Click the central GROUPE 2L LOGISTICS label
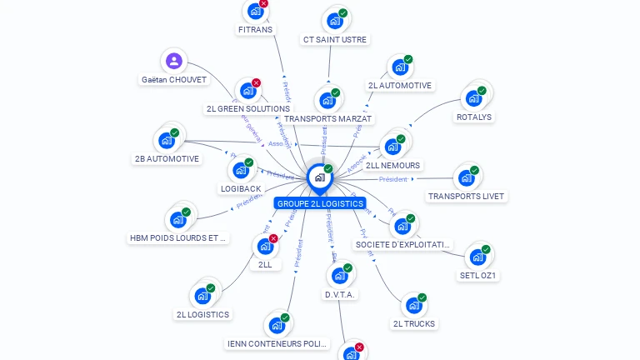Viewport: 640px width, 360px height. tap(320, 203)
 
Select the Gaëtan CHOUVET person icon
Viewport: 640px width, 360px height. tap(173, 61)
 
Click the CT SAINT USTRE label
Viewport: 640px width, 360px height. tap(335, 39)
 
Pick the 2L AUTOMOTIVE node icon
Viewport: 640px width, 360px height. tap(399, 67)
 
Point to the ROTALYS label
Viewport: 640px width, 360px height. tap(475, 117)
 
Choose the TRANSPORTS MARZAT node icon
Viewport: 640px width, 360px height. tap(327, 100)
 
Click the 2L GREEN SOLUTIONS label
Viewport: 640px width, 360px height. tap(248, 108)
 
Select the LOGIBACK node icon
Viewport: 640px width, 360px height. tap(240, 170)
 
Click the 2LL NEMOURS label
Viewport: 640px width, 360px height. tap(392, 165)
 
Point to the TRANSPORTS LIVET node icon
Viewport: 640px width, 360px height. tap(466, 177)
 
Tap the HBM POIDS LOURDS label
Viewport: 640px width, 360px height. tap(178, 237)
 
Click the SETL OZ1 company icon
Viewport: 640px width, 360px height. tap(477, 257)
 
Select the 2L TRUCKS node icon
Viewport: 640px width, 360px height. tap(413, 305)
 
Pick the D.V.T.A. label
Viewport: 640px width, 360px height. tap(340, 294)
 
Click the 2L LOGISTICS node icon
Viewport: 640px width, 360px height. tap(202, 296)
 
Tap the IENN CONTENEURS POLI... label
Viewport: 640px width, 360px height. tap(277, 343)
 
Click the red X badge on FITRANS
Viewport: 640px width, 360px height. tap(263, 3)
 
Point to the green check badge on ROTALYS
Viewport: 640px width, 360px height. tap(482, 90)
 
